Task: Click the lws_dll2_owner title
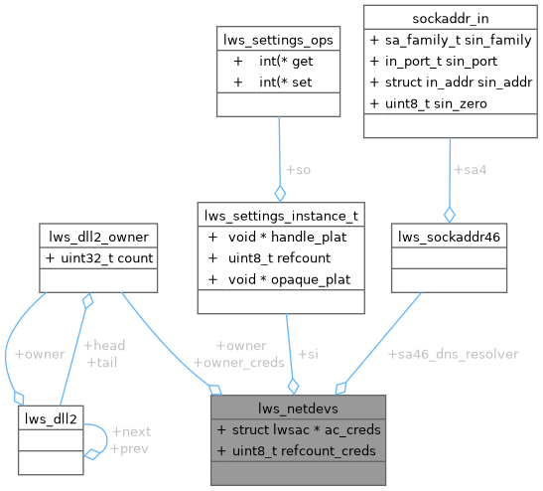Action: (98, 237)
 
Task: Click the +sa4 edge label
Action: (471, 170)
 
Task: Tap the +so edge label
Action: (299, 169)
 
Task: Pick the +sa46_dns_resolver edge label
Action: (454, 353)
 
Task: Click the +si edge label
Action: (309, 354)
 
